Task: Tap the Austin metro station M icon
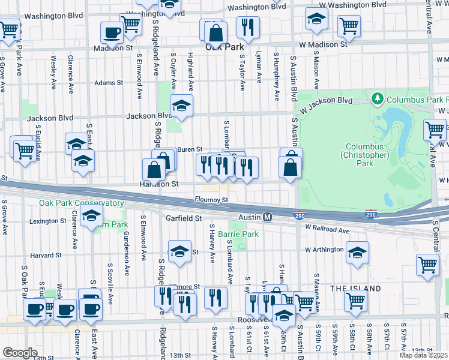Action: [268, 217]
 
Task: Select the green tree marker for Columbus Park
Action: [378, 97]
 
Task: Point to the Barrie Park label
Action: [238, 233]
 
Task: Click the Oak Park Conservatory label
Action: [81, 203]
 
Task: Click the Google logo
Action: [20, 352]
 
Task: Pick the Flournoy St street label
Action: [211, 200]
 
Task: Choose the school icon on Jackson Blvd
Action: [181, 106]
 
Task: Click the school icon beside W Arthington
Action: [357, 252]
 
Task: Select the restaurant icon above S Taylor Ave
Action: [247, 26]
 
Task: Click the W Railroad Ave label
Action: [327, 229]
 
